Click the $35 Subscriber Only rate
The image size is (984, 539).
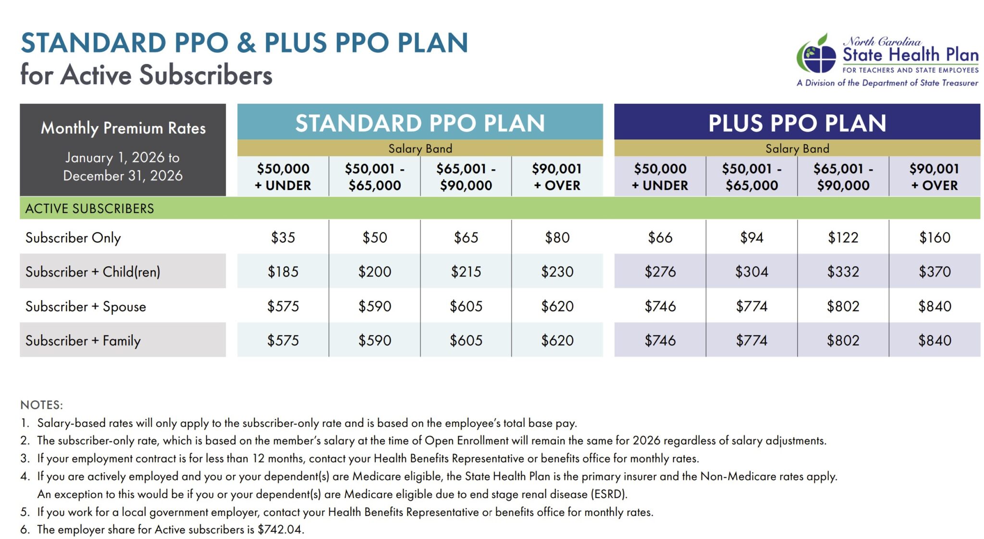pos(283,237)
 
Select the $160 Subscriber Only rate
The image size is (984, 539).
pos(935,237)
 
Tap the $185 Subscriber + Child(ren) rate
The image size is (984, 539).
pos(283,272)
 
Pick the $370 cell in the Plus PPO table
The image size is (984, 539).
pos(935,272)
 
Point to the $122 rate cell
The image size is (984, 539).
pos(843,237)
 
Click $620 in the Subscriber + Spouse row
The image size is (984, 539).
pos(557,306)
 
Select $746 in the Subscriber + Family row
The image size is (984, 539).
pos(660,340)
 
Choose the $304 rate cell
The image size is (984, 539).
pos(751,272)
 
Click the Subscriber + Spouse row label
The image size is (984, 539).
pos(86,306)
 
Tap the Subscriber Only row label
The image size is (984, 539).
pos(73,238)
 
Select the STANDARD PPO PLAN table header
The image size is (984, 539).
pos(420,123)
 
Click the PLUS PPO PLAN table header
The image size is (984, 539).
pos(797,123)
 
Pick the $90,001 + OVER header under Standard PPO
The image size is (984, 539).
pos(557,176)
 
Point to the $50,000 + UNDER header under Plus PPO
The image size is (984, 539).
pos(660,176)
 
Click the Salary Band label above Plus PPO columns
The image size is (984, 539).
pos(797,149)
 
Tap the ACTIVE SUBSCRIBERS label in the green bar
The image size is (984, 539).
pos(90,208)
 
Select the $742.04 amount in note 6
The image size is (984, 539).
pos(280,529)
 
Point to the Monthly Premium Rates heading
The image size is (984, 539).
pos(123,128)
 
